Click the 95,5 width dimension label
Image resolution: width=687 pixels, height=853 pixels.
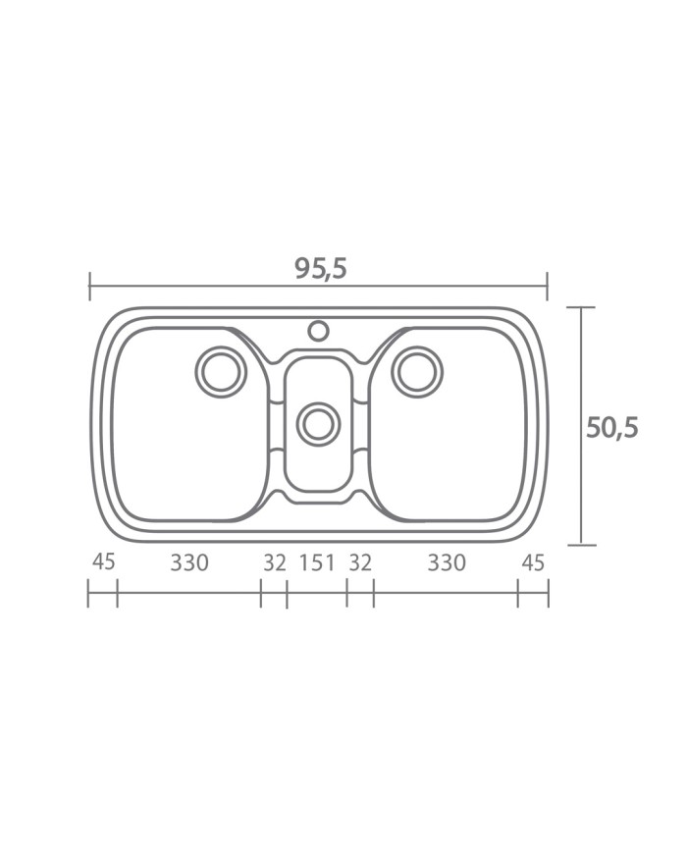tap(321, 269)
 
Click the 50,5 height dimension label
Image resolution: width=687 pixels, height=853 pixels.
tap(611, 428)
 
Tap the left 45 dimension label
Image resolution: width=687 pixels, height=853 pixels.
tap(103, 561)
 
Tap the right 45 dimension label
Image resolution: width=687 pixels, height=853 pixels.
tap(533, 562)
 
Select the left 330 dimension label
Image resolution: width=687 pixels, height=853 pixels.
tap(189, 562)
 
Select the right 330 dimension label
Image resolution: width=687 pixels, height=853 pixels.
tap(447, 562)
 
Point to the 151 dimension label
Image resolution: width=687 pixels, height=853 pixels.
tap(317, 562)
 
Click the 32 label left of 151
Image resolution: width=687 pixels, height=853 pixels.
tap(275, 562)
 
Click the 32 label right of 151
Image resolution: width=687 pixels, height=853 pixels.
tap(360, 562)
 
